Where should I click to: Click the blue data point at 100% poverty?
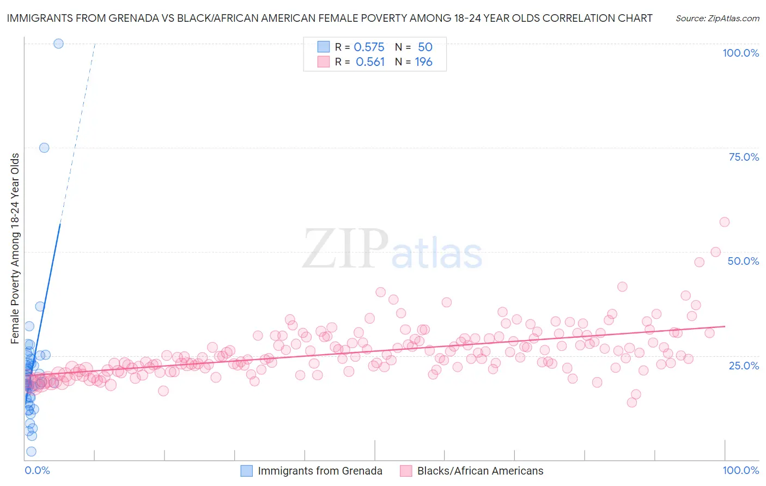58,44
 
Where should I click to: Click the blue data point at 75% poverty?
44,148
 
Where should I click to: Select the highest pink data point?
724,222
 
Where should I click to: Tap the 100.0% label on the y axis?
740,53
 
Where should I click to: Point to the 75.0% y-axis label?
744,157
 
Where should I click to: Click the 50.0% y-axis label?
743,261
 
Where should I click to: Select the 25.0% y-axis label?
744,365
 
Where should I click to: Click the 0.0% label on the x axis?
37,470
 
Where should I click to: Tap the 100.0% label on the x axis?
740,470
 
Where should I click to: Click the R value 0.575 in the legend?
369,47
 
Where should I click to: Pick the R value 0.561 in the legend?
370,62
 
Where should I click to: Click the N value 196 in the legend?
423,62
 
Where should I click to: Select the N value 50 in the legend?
425,47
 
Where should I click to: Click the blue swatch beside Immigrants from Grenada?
247,471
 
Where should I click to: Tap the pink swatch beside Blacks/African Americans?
406,471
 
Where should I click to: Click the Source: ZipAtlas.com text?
717,18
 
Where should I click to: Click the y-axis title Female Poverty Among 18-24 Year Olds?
15,248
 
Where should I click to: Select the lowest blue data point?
31,451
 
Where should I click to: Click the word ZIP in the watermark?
345,250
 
